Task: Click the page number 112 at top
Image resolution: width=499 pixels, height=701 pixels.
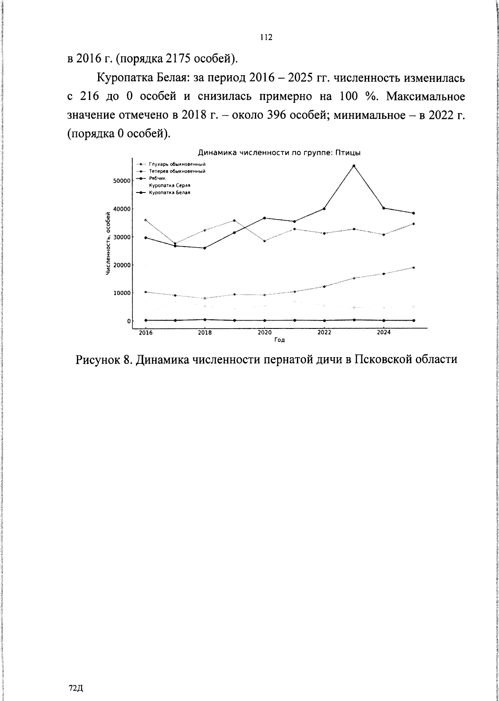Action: click(266, 37)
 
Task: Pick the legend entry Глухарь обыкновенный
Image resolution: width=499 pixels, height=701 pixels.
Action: click(178, 164)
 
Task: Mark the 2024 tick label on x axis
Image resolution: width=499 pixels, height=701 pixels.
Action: click(383, 333)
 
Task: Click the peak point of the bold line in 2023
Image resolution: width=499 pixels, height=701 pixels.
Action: click(354, 166)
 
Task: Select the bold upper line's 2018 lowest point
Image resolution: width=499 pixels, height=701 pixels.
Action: click(205, 248)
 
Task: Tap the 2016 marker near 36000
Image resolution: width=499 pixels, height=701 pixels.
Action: click(145, 220)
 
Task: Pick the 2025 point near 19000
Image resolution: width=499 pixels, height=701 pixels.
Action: click(413, 268)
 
